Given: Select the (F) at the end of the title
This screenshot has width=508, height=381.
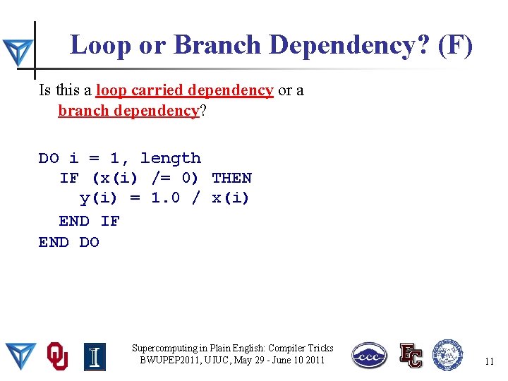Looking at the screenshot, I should click(455, 45).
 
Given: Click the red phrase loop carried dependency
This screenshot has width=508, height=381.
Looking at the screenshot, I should click(184, 90).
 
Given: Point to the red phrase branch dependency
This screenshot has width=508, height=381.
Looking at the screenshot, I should click(128, 111).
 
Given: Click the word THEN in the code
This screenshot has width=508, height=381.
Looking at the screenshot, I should click(231, 178).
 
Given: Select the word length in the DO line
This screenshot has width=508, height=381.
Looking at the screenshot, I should click(170, 158).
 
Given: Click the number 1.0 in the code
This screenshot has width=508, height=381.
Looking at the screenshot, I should click(167, 198).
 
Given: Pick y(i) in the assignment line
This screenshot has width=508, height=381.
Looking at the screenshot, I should click(99, 198).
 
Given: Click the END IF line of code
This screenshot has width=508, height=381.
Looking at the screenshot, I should click(89, 221).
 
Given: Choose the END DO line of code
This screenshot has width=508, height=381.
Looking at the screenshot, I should click(68, 242).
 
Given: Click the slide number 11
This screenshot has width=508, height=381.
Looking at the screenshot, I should click(489, 361).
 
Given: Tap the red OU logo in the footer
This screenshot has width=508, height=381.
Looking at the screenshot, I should click(57, 356).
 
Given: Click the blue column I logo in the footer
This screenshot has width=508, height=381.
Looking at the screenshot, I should click(95, 356).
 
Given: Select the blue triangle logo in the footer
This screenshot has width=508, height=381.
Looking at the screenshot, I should click(21, 356).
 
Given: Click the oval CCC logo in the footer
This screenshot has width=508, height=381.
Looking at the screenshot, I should click(370, 356).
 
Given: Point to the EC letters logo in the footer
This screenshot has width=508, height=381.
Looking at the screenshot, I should click(410, 356).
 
